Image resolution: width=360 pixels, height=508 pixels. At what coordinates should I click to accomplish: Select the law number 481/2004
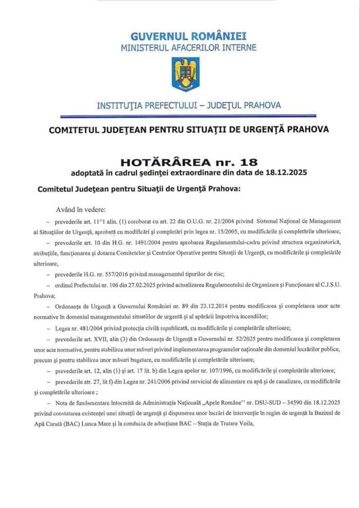[x=82, y=328]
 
